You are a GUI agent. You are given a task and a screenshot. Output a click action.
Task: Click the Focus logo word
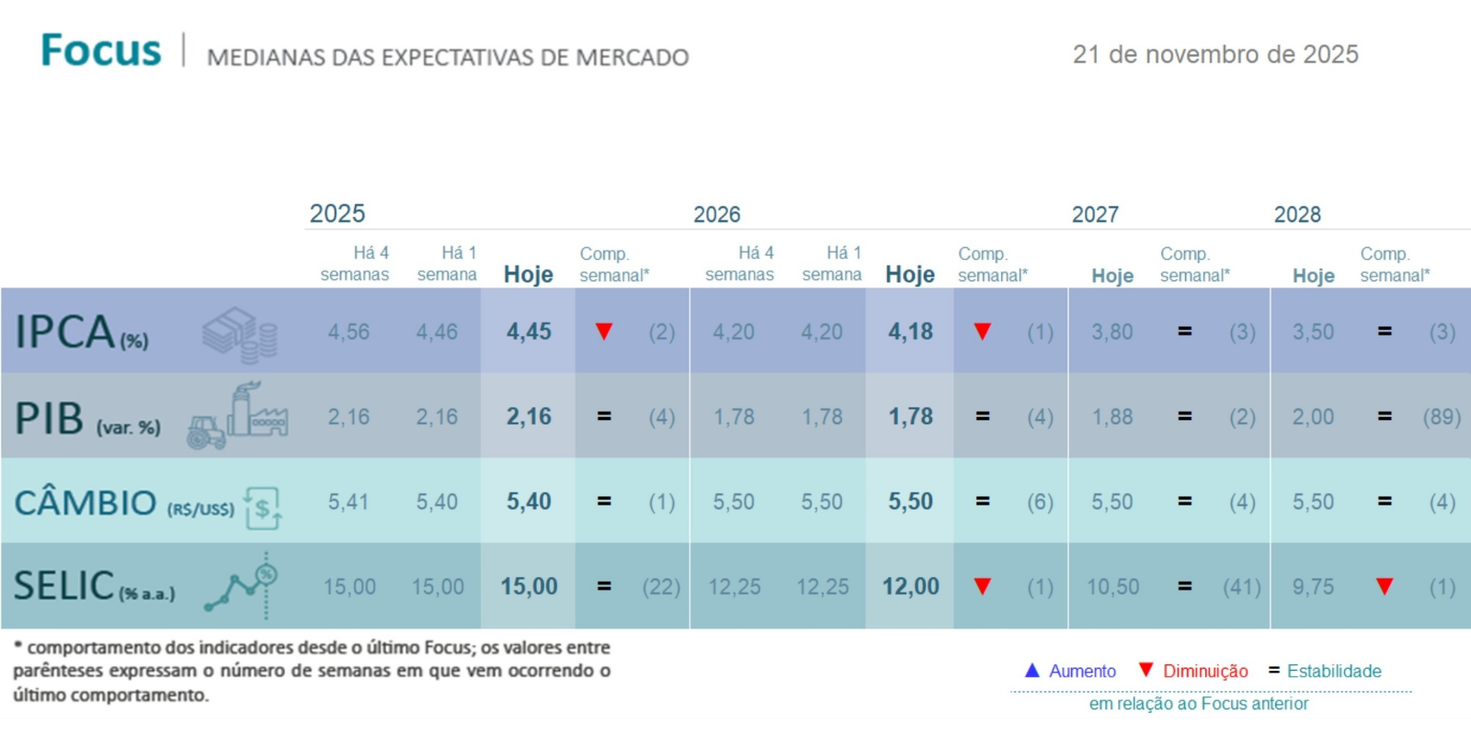click(101, 51)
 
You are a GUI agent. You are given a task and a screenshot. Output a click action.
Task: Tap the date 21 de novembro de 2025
click(1215, 55)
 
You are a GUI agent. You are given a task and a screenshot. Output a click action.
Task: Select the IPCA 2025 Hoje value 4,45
click(529, 332)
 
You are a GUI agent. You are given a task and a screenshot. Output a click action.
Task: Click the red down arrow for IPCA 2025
click(604, 332)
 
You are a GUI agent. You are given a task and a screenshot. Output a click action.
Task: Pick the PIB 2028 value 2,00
click(1313, 417)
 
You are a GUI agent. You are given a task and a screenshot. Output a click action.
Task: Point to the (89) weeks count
click(1442, 417)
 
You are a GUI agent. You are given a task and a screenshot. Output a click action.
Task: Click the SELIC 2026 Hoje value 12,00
click(910, 587)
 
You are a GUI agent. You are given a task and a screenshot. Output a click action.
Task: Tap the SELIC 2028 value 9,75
click(1313, 587)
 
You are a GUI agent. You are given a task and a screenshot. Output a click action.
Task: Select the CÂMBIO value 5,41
click(348, 503)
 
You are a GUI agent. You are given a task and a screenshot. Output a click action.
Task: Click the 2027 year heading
click(1095, 215)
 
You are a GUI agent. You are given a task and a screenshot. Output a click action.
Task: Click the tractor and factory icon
click(237, 416)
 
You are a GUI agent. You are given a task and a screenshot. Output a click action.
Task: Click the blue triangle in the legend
click(1032, 671)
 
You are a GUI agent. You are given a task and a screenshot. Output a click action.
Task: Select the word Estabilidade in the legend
click(1334, 672)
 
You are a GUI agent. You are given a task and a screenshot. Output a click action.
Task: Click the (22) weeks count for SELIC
click(661, 587)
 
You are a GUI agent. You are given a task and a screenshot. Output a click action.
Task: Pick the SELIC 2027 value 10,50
click(1112, 587)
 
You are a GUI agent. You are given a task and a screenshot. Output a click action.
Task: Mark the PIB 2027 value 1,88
click(1112, 417)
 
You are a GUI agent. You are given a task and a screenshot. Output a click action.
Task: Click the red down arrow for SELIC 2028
click(1385, 586)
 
